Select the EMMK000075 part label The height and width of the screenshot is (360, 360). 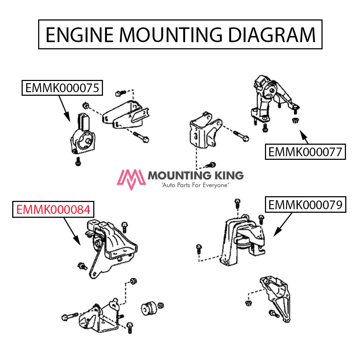click(62, 88)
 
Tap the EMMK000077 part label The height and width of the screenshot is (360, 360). click(305, 152)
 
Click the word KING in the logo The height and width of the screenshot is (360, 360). click(227, 176)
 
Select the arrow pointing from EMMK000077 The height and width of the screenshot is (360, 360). click(304, 137)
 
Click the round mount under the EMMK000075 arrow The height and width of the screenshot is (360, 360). click(82, 140)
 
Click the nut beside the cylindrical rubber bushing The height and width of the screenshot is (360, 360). click(161, 305)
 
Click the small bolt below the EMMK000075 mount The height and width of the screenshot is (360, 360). click(77, 162)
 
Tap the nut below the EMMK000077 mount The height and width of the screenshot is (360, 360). click(295, 120)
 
